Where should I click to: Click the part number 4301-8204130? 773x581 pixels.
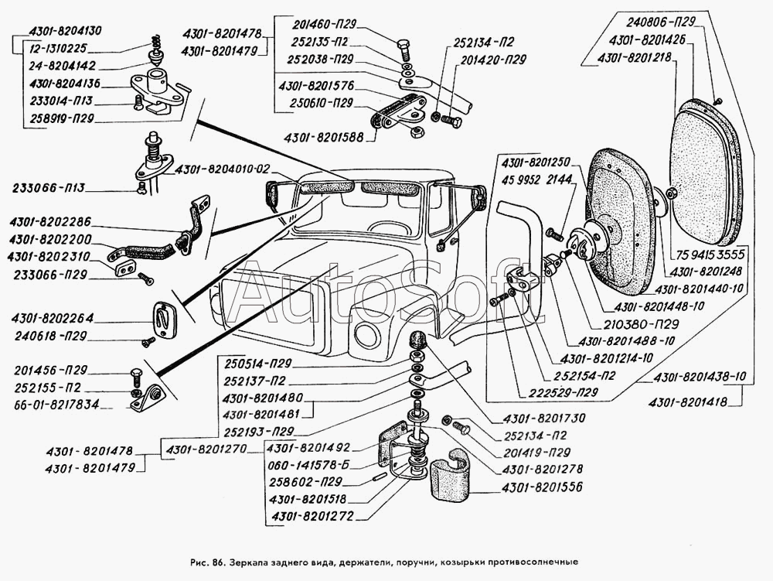(66, 31)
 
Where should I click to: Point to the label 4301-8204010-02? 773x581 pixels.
(222, 169)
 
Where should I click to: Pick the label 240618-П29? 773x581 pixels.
(51, 336)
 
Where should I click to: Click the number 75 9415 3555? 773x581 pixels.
(707, 254)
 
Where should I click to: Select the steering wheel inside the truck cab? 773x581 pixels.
(391, 226)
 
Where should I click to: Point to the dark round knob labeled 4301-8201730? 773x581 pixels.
(417, 339)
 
